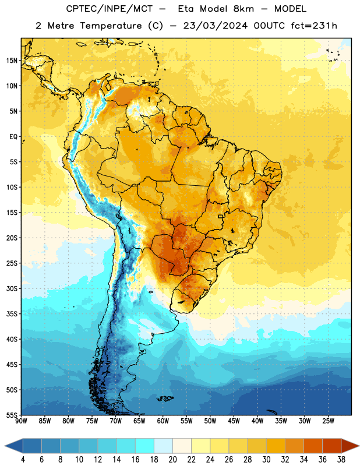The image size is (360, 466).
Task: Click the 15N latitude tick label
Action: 12,61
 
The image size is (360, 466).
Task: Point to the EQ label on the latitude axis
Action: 13,137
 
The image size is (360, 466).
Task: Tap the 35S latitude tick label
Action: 12,314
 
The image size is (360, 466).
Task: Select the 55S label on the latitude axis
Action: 12,415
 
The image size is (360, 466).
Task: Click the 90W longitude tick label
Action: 21,421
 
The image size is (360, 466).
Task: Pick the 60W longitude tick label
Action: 163,421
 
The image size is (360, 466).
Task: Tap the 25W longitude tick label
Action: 328,421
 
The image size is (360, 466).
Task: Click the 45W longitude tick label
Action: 234,421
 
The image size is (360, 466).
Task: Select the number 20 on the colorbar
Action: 172,460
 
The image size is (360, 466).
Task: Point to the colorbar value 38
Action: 341,460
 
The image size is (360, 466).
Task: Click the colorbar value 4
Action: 23,460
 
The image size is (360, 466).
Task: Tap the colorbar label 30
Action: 266,460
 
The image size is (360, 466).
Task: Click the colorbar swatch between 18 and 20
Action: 164,446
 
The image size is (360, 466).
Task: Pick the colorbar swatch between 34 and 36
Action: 313,446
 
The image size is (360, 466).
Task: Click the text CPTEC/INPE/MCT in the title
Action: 109,9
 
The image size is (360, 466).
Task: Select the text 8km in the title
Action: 243,9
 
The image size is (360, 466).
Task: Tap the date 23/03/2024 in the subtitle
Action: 215,26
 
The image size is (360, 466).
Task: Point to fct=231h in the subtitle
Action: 314,26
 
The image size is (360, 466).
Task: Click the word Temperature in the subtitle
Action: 111,26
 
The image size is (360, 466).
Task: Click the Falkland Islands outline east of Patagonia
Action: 165,398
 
